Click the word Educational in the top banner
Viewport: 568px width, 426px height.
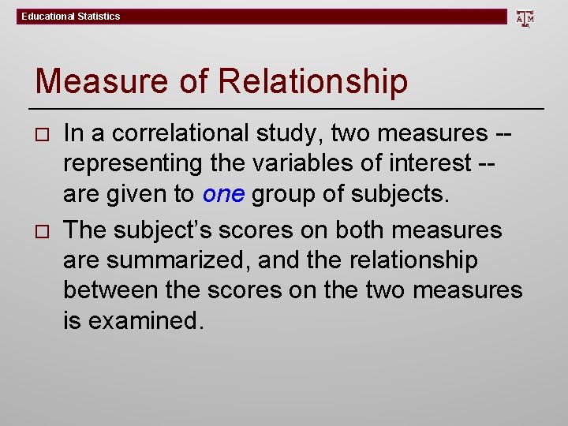pos(47,17)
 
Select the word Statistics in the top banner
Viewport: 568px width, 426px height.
pos(99,17)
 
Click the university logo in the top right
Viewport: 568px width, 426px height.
pos(525,17)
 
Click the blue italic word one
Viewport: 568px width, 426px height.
pos(223,193)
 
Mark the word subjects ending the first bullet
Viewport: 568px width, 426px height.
pos(399,193)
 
